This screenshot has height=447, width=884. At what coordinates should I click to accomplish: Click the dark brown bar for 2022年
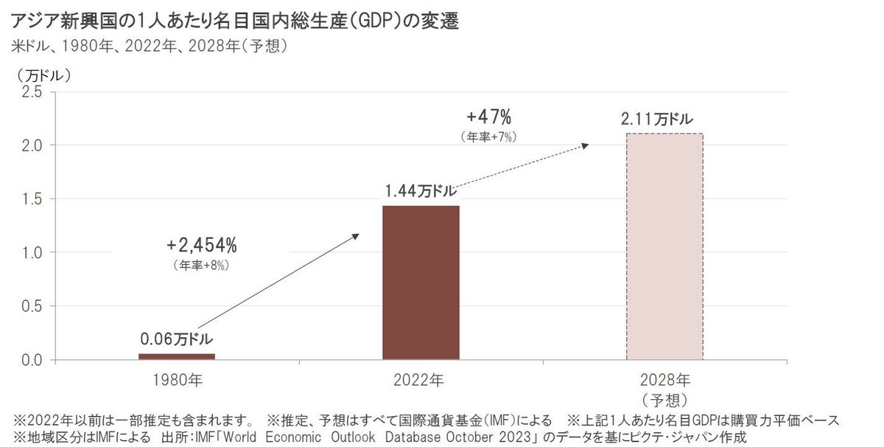tap(421, 283)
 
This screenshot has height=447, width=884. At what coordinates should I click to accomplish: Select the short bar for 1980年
tap(177, 357)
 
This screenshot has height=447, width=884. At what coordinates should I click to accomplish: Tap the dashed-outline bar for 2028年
tap(664, 246)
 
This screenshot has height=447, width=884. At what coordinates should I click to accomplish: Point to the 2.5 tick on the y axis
tap(32, 91)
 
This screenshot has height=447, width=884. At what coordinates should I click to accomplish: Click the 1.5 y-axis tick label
tap(32, 199)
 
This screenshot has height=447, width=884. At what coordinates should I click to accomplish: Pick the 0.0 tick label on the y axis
tap(32, 361)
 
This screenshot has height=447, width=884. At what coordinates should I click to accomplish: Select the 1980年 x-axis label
tap(177, 381)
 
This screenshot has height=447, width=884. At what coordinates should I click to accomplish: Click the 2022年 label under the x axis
tap(421, 381)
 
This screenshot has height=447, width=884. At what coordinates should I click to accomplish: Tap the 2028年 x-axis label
tap(665, 381)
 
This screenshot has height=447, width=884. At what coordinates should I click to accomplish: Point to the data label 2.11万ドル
tap(656, 118)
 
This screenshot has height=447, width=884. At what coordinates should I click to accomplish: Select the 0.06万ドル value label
tap(177, 339)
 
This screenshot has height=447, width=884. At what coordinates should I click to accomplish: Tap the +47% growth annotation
tap(489, 117)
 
